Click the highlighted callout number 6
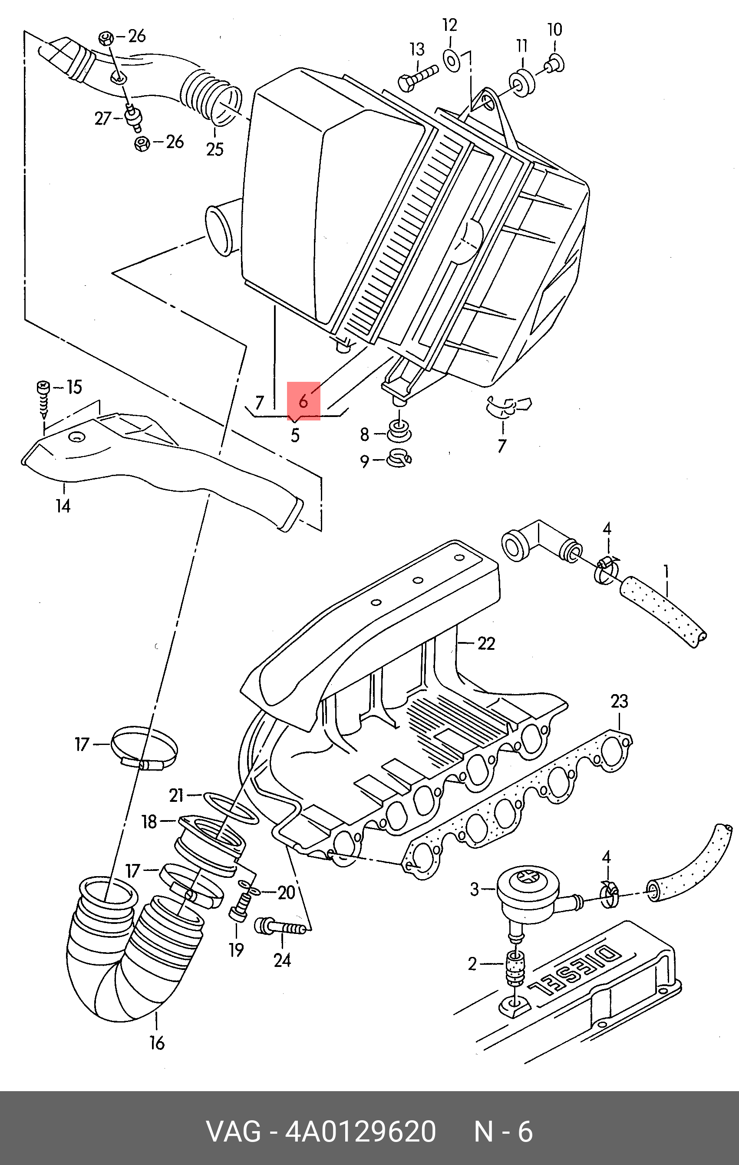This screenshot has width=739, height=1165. [303, 400]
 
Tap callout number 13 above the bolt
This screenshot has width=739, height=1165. [417, 50]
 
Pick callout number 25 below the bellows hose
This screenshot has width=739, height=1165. [215, 149]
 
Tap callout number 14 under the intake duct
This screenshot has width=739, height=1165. [63, 506]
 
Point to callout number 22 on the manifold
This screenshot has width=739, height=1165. [486, 643]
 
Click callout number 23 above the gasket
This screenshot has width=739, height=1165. [619, 701]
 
